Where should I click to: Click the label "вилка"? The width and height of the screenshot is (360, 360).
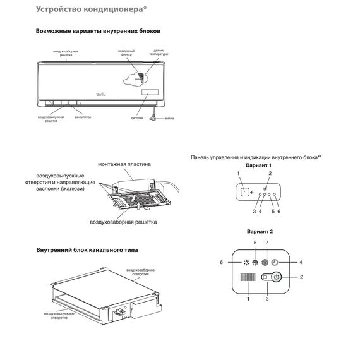[169, 117]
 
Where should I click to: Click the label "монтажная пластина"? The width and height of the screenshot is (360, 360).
[124, 164]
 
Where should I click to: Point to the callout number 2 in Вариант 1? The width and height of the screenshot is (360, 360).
[270, 173]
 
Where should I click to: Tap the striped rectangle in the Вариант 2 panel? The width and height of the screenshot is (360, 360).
[248, 280]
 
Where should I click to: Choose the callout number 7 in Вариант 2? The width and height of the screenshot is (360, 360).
[266, 242]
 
